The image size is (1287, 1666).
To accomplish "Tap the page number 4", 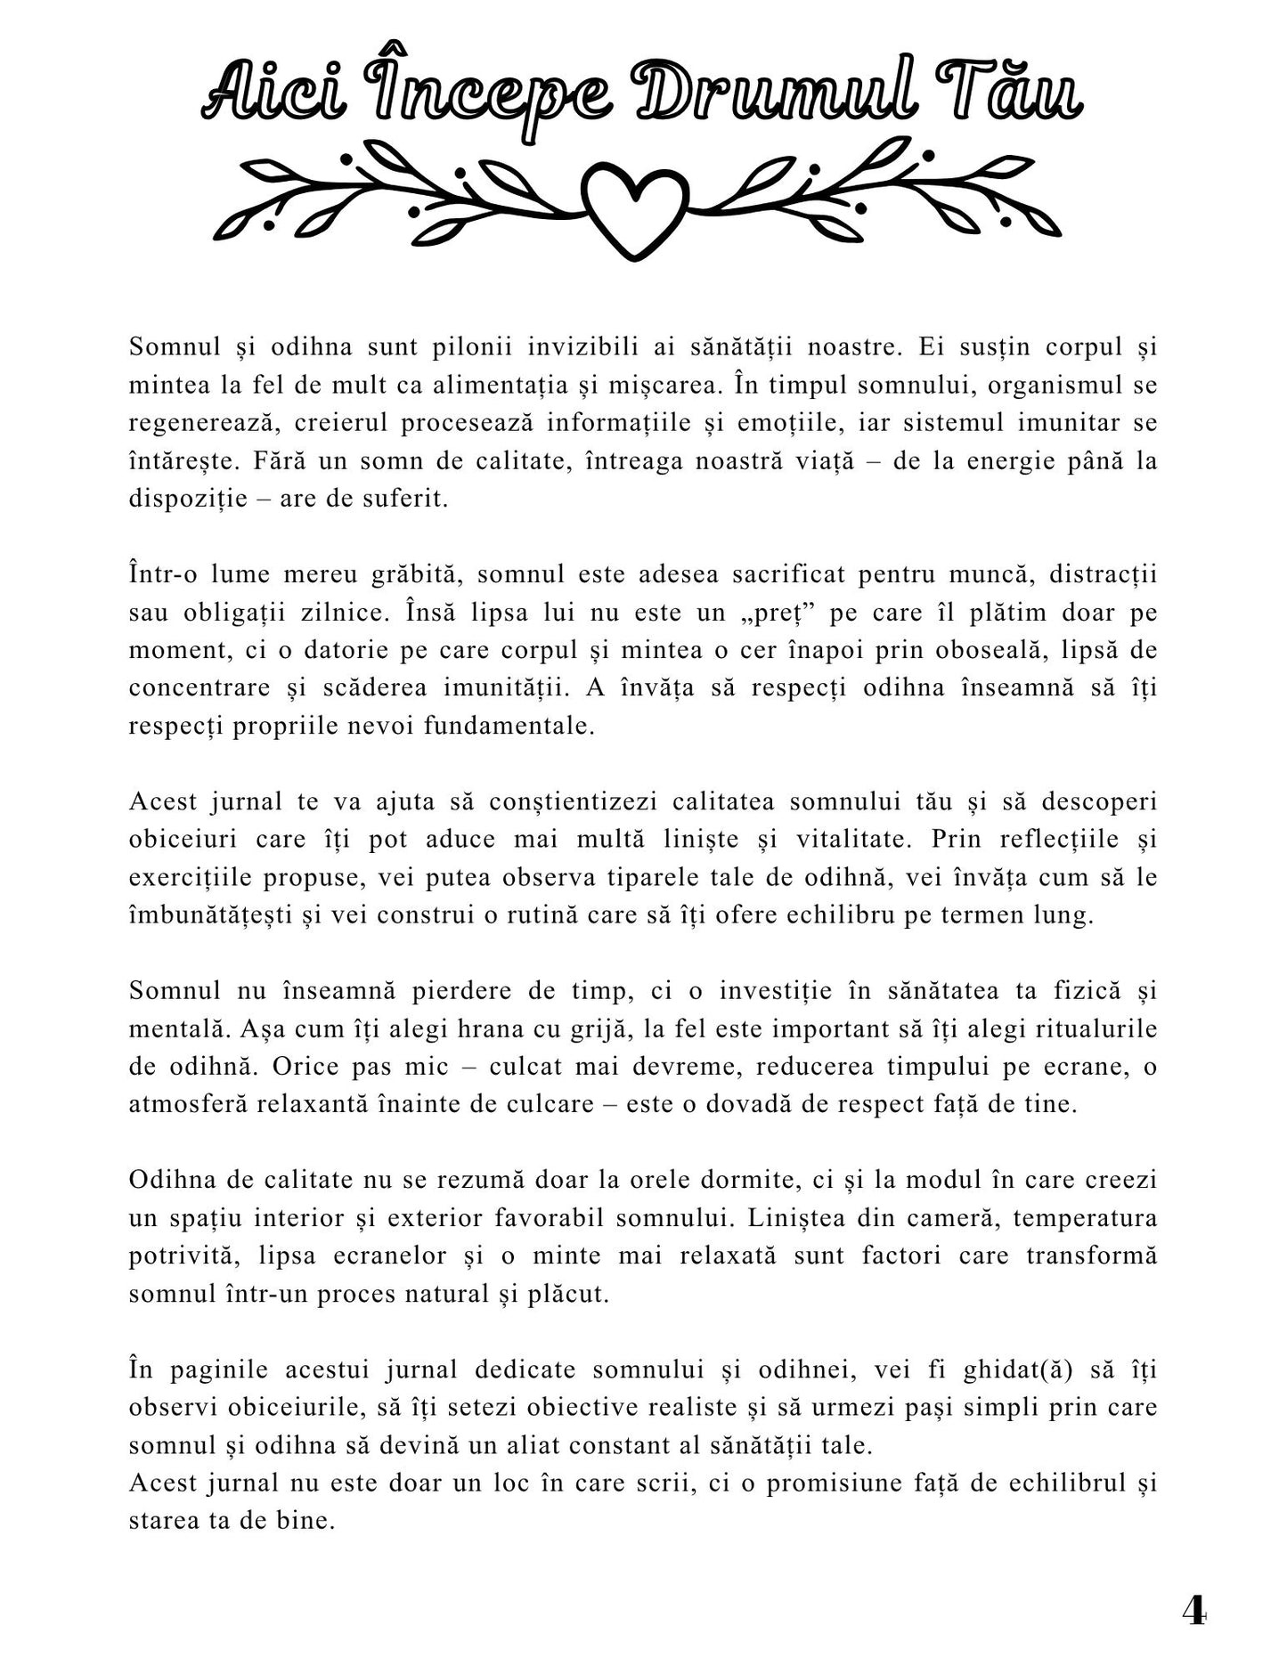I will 1193,1609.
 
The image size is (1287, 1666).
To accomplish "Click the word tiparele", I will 672,877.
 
